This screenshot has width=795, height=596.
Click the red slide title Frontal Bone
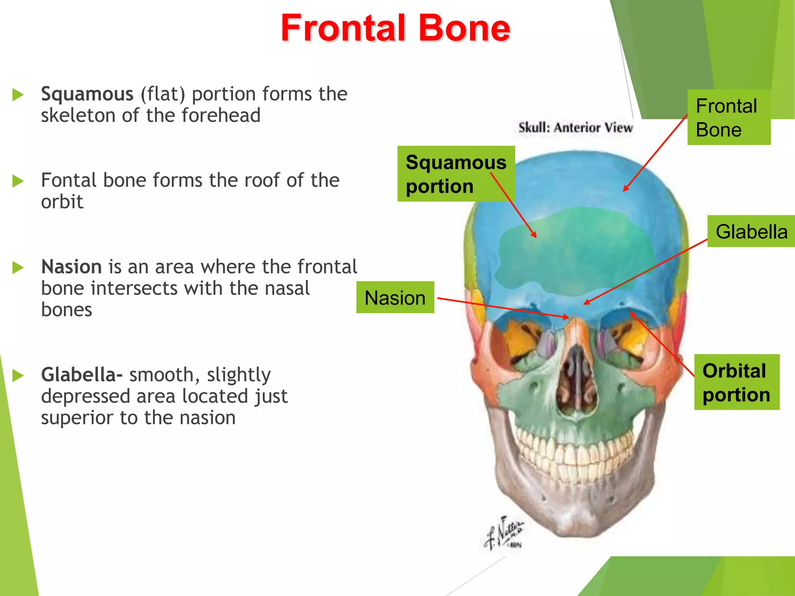[x=395, y=28]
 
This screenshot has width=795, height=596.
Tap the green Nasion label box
[x=395, y=298]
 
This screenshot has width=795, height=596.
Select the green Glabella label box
[x=751, y=232]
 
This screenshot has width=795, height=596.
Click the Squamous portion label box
[x=456, y=174]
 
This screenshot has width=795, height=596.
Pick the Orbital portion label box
[x=736, y=382]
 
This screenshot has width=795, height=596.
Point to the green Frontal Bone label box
[x=729, y=117]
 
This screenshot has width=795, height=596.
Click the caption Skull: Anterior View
[x=575, y=127]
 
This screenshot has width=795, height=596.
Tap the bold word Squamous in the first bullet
[x=87, y=94]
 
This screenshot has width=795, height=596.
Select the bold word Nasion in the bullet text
[x=71, y=267]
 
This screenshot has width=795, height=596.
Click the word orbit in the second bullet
[x=62, y=202]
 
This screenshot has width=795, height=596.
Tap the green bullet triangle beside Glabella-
[x=18, y=375]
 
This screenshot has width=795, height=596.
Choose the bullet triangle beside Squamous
[x=18, y=94]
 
